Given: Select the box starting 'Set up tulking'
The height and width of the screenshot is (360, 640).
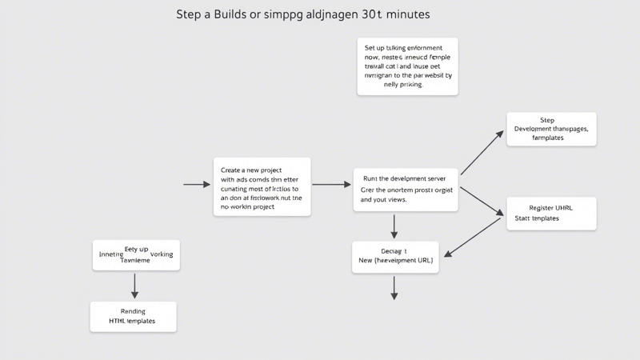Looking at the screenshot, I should pos(407,66).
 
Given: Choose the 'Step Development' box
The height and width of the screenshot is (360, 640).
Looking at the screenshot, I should pos(551,129).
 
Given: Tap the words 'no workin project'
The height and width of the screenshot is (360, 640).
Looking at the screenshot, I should pos(247,206).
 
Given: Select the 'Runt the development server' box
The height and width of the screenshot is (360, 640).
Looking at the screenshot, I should pos(405,189).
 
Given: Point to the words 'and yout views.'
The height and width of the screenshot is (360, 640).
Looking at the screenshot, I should pos(385,200).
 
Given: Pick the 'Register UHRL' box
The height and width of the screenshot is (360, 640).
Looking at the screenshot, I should pos(551,213).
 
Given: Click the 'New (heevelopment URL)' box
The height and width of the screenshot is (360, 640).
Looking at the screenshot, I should pos(394,256).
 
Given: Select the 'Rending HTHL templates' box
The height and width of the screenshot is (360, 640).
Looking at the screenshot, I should pos(133,316).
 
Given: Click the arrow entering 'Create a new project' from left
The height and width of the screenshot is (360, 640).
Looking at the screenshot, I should pos(197,185).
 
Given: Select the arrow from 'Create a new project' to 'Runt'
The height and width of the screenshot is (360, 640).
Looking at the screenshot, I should pos(331,185).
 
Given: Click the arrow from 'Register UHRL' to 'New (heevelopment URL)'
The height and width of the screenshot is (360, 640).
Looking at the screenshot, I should pos(474,238).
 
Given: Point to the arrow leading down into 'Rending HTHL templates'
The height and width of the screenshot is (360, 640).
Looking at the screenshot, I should pos(134,286).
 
